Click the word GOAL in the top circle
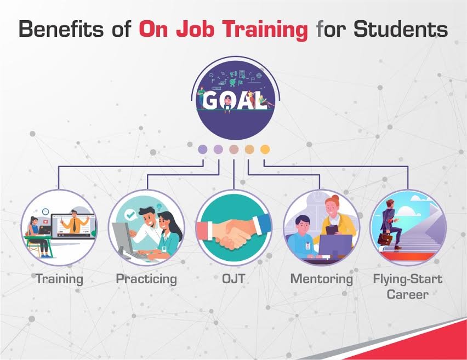[234, 101]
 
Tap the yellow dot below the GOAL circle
[265, 148]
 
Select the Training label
[60, 279]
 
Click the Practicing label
[146, 279]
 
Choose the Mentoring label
[321, 279]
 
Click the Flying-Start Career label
[407, 287]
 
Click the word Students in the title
[400, 30]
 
